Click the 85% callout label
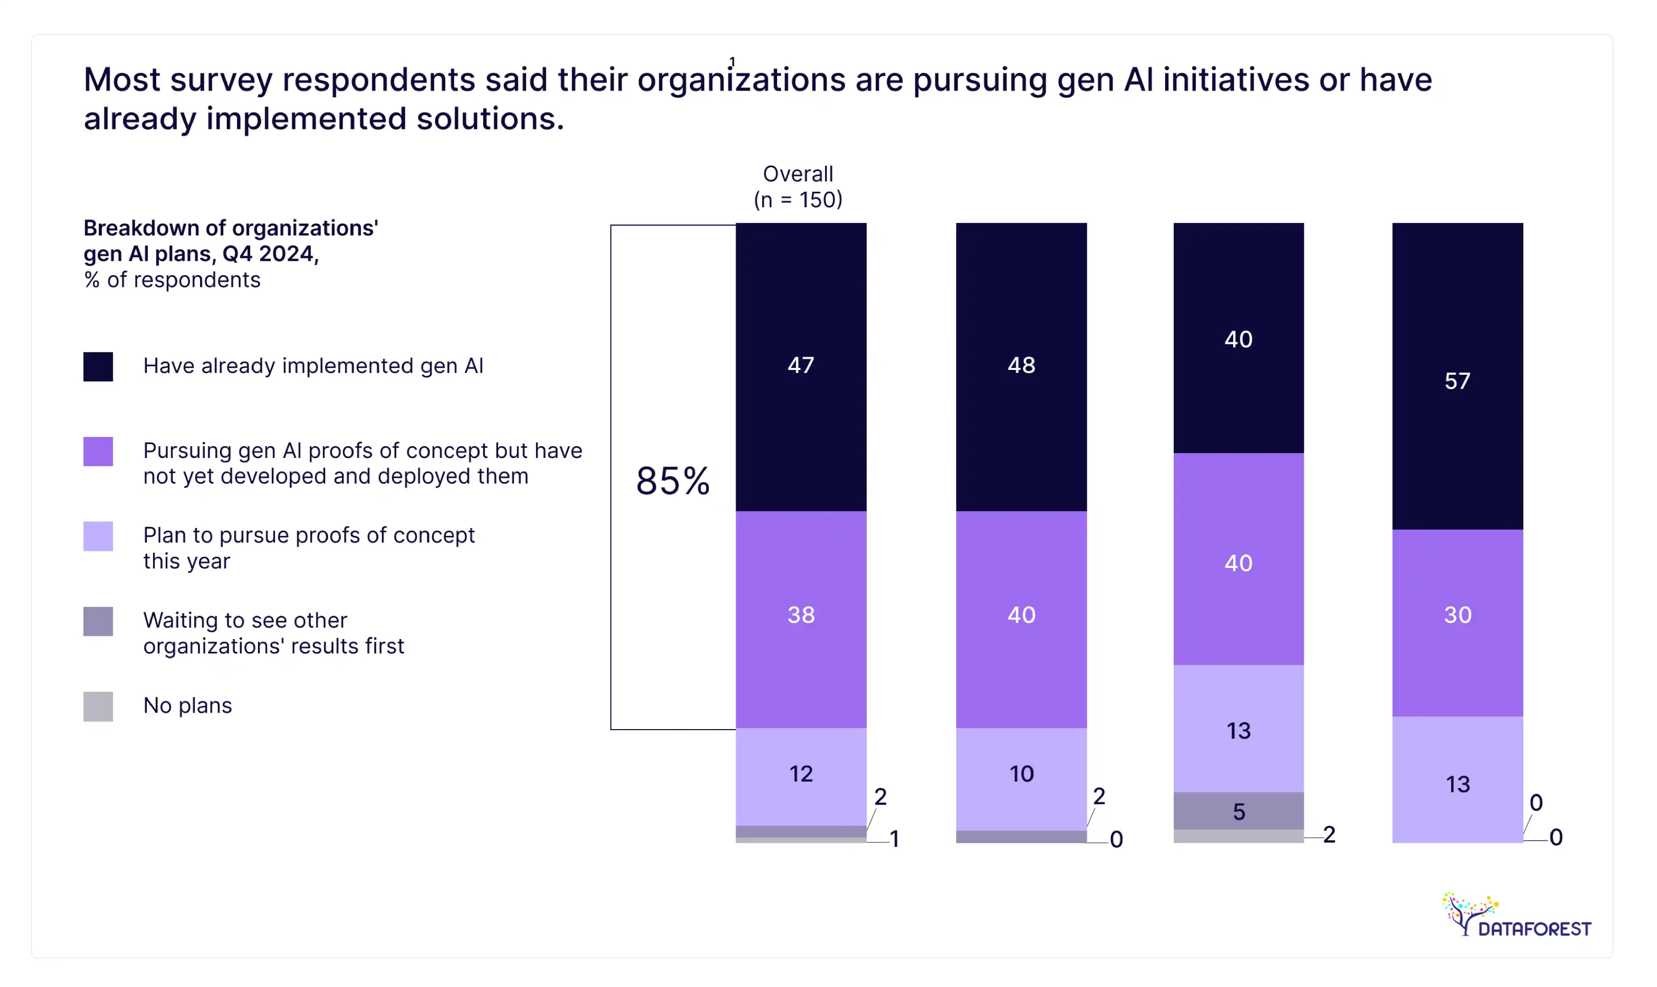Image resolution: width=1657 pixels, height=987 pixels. pyautogui.click(x=673, y=481)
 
